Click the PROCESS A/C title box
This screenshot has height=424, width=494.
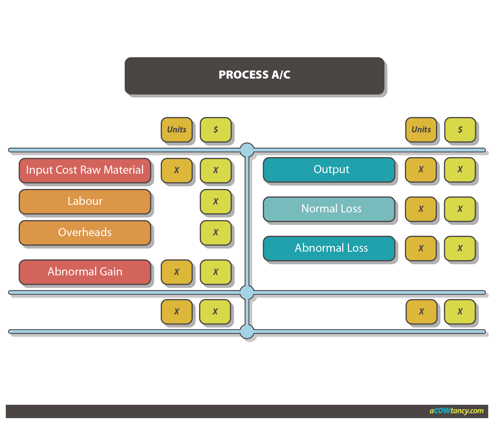(254, 76)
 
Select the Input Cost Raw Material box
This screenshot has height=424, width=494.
(85, 170)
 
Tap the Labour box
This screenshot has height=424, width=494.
(85, 201)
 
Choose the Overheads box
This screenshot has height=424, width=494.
(85, 232)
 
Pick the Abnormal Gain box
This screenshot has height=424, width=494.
(85, 272)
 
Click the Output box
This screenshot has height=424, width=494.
(329, 169)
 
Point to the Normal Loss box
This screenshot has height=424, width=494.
(329, 209)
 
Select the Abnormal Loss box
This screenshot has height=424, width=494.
(329, 248)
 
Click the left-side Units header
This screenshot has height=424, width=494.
(177, 130)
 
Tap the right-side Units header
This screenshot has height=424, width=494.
(421, 130)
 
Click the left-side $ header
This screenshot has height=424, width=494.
(216, 130)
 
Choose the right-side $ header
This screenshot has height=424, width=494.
(460, 130)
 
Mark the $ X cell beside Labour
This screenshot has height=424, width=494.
(216, 201)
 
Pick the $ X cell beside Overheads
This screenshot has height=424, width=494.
(216, 232)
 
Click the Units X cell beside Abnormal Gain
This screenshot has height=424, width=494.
(177, 272)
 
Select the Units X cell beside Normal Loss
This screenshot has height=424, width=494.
(421, 209)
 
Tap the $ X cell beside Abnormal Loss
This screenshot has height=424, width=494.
(460, 248)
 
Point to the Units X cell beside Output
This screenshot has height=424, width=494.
(421, 169)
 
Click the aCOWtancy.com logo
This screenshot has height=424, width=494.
(456, 411)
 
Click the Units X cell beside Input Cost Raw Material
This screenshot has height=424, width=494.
(177, 170)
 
